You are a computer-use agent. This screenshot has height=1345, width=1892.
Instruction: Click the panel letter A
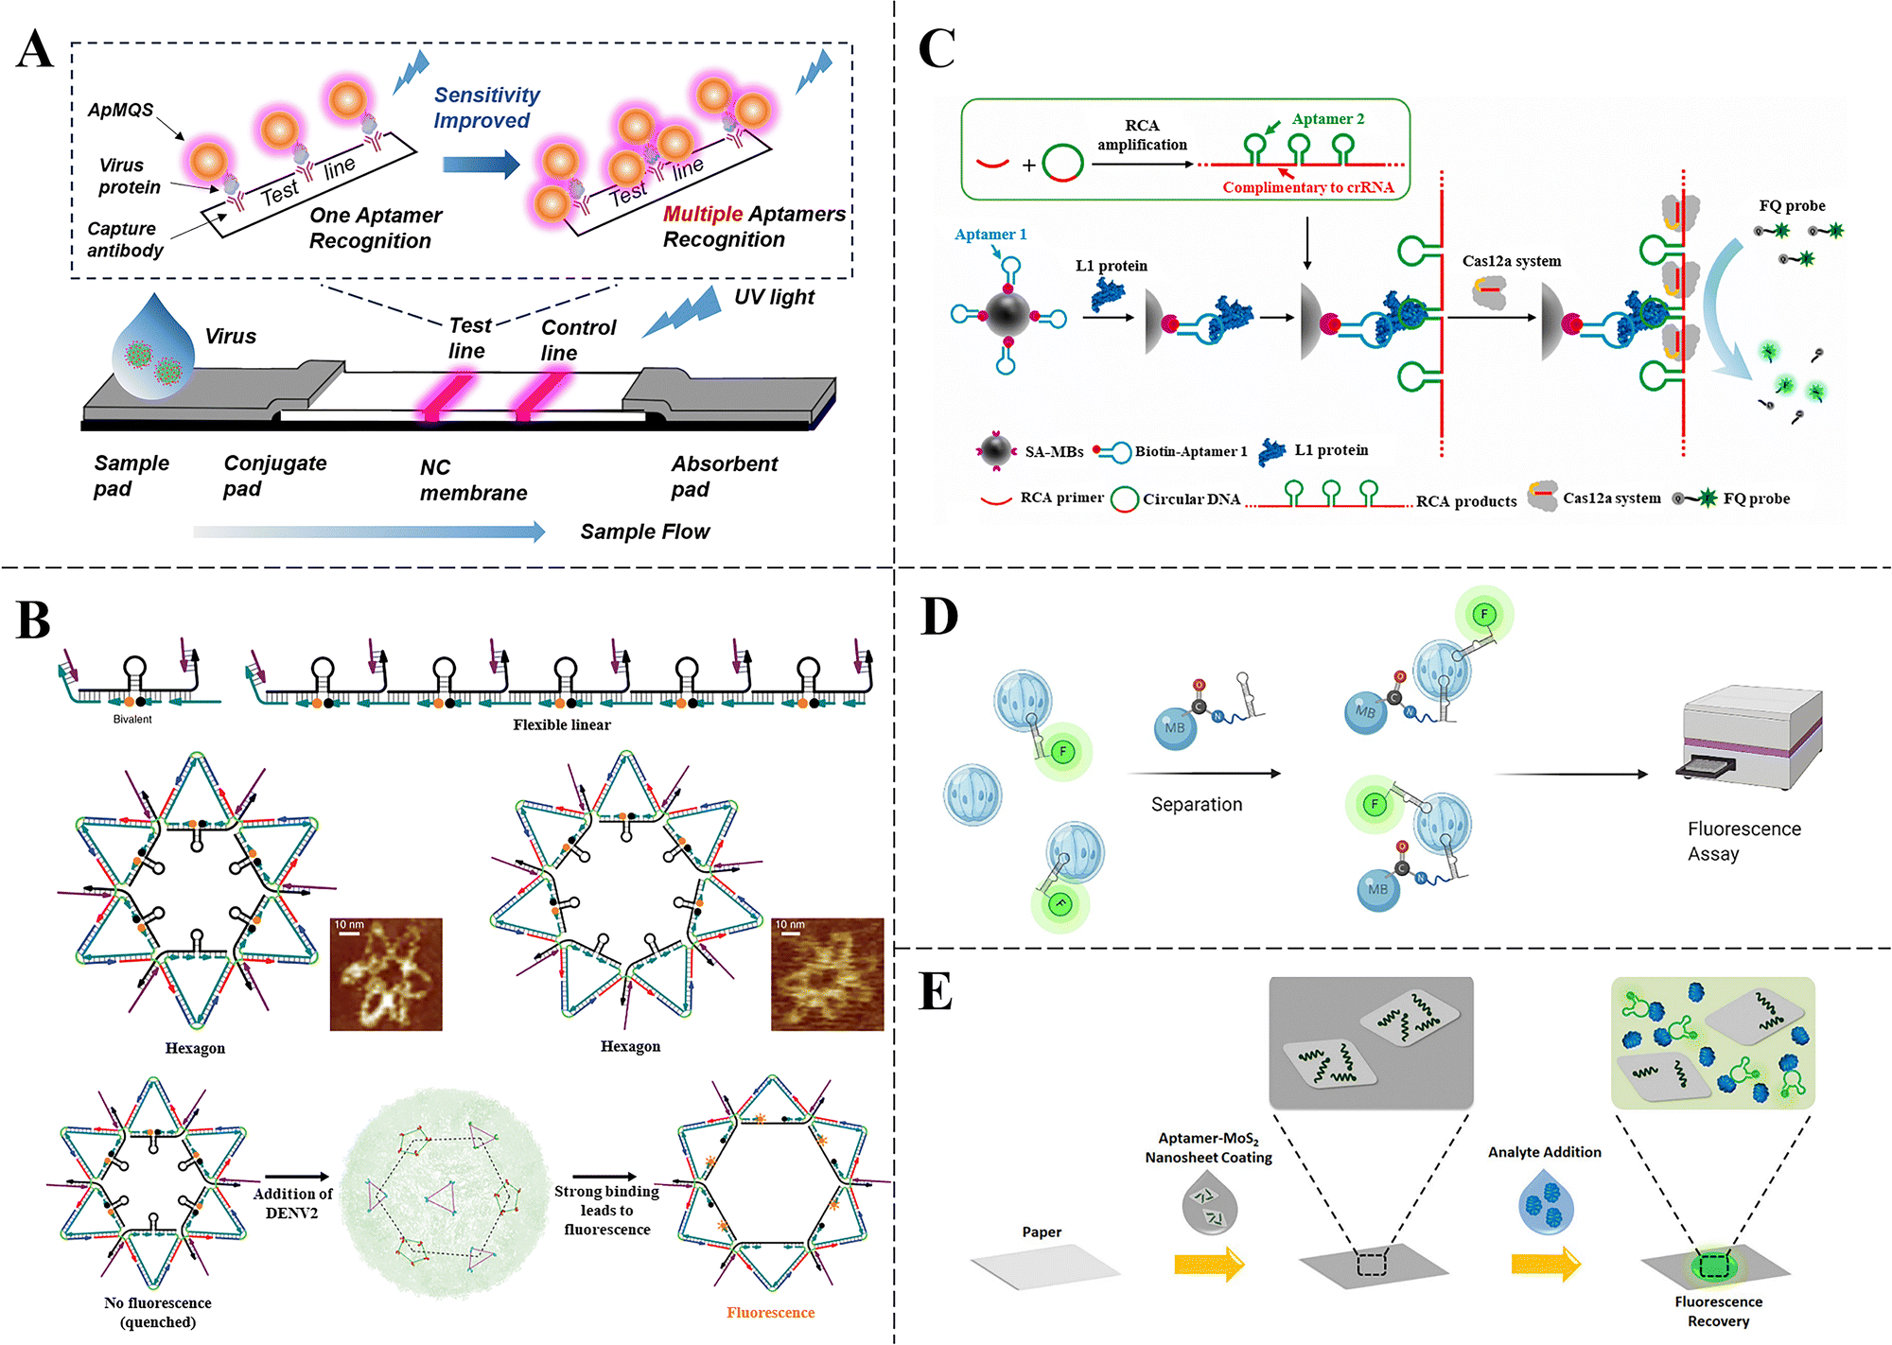(x=36, y=49)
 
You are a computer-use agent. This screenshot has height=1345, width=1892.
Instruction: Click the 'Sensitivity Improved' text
(x=486, y=108)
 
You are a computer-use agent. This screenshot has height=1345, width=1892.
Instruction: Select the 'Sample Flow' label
(x=644, y=532)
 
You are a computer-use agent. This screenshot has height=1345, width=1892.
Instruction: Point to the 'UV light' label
(x=774, y=297)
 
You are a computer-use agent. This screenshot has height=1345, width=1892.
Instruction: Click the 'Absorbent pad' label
(x=724, y=476)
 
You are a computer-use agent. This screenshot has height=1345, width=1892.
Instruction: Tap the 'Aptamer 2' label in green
(x=1328, y=119)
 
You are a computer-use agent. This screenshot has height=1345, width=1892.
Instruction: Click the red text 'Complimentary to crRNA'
(x=1308, y=187)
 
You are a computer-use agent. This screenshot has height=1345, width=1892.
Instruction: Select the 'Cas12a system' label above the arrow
(x=1512, y=261)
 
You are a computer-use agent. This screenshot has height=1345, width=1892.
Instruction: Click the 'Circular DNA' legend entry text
(x=1191, y=499)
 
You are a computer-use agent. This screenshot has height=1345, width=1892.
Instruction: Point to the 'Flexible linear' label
(x=562, y=725)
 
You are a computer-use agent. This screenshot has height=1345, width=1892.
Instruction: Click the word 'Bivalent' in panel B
(x=132, y=720)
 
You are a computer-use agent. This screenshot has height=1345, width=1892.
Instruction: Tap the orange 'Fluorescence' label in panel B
(x=770, y=1313)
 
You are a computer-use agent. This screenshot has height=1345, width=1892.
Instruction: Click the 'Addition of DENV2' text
(x=292, y=1203)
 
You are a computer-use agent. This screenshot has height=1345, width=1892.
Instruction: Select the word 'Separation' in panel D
(x=1197, y=805)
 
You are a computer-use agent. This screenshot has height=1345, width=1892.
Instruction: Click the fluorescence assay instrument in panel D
(x=1749, y=738)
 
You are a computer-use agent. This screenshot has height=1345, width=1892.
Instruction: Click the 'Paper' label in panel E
(x=1042, y=1232)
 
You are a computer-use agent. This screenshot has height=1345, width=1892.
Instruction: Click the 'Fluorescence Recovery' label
(x=1718, y=1312)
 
